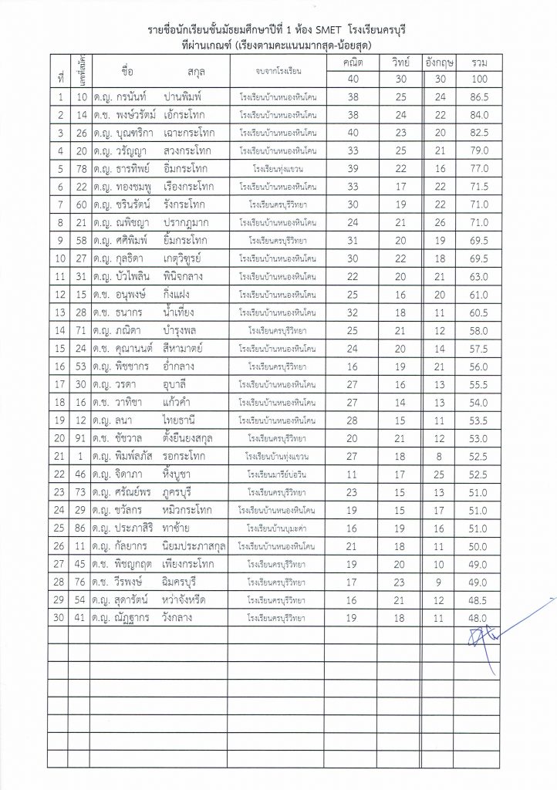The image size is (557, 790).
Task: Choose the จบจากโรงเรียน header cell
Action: tap(277, 72)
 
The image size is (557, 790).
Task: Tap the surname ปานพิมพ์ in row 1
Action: tap(186, 97)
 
